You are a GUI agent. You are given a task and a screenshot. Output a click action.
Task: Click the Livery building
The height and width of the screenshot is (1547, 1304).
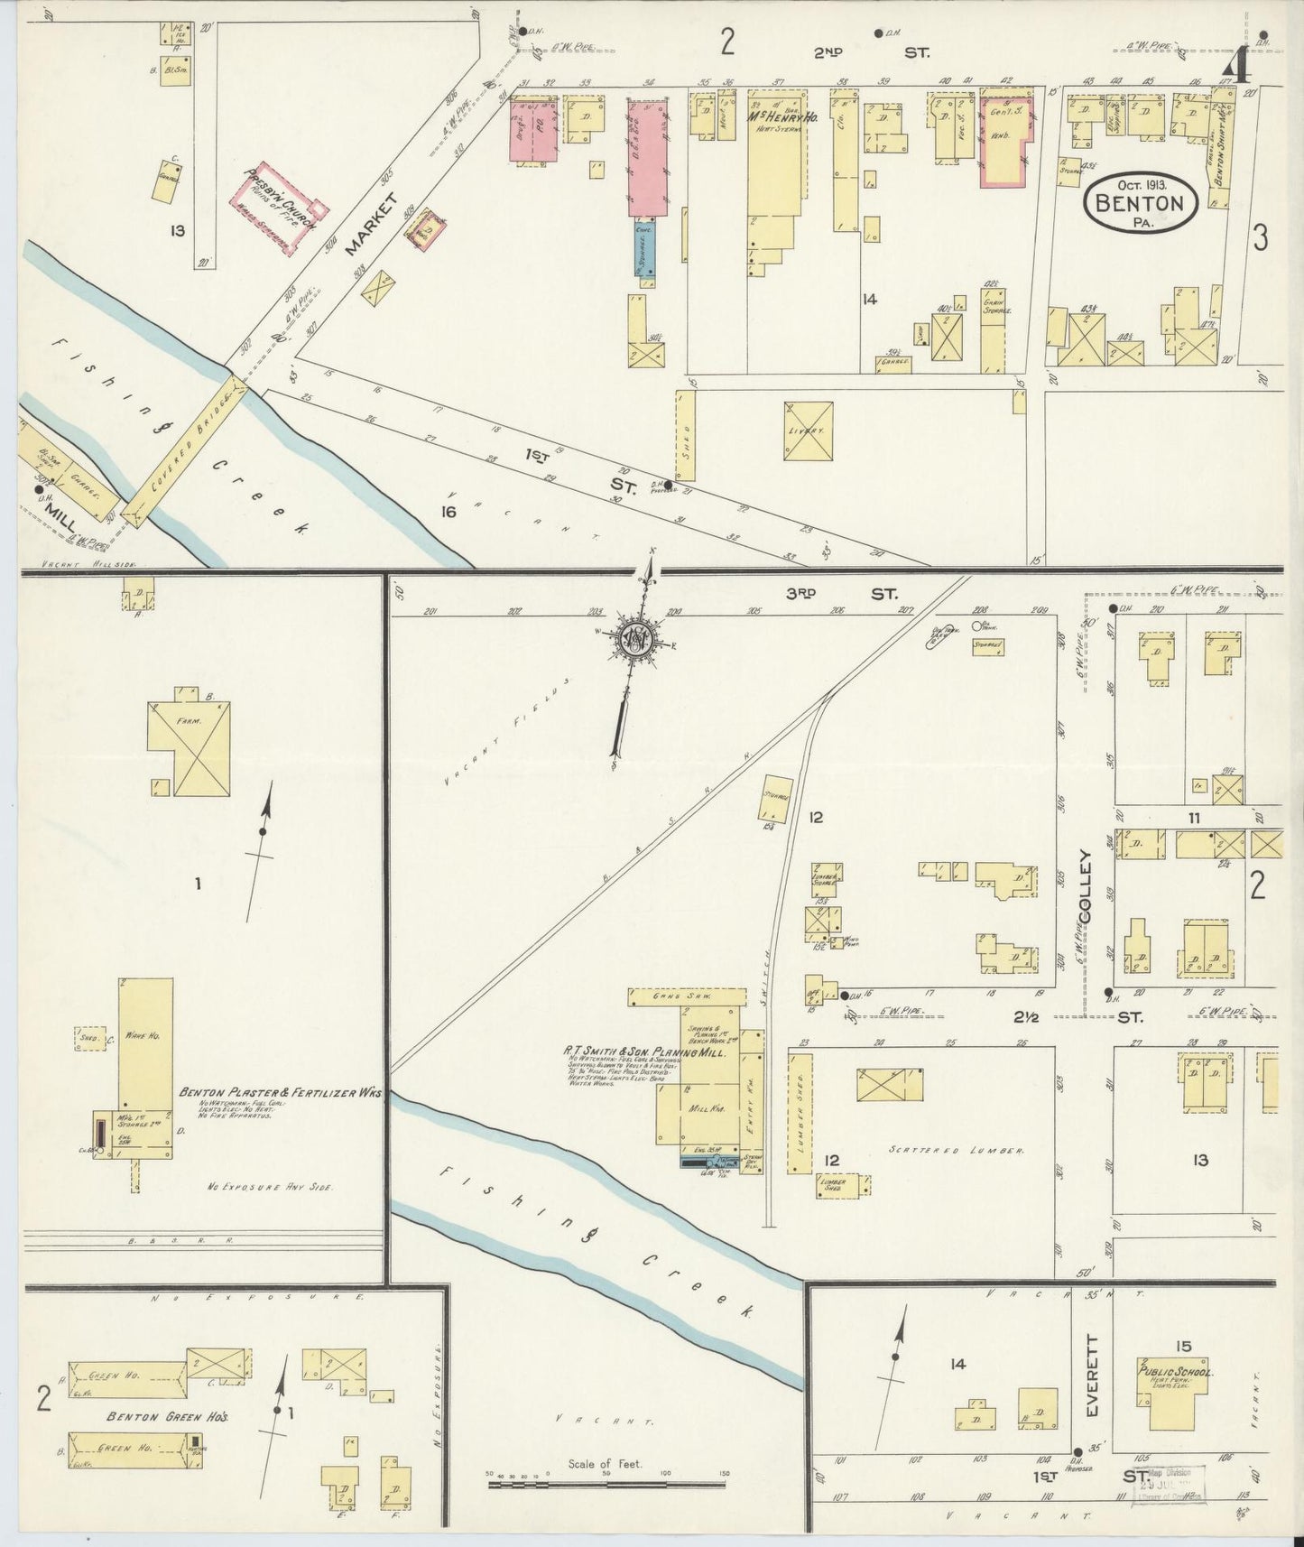pos(808,431)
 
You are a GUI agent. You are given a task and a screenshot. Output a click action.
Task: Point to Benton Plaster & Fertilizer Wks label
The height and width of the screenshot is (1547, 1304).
pos(280,1092)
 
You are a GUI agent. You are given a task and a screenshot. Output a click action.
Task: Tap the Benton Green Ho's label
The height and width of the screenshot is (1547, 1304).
pos(167,1417)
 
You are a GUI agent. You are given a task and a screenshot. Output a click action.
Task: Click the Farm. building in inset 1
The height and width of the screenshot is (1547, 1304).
pos(190,748)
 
